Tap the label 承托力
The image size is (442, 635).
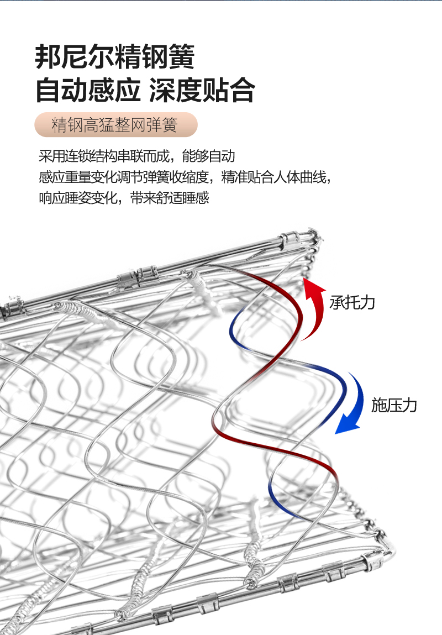[x=352, y=302]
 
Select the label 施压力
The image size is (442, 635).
[x=393, y=405]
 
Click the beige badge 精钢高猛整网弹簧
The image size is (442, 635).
[x=115, y=125]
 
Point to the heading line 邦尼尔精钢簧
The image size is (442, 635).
[x=115, y=57]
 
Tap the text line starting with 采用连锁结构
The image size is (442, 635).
[x=136, y=156]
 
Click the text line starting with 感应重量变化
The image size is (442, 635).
[x=185, y=177]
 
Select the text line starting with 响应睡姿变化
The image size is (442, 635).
[x=124, y=198]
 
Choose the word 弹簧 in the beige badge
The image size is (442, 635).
[x=163, y=125]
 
